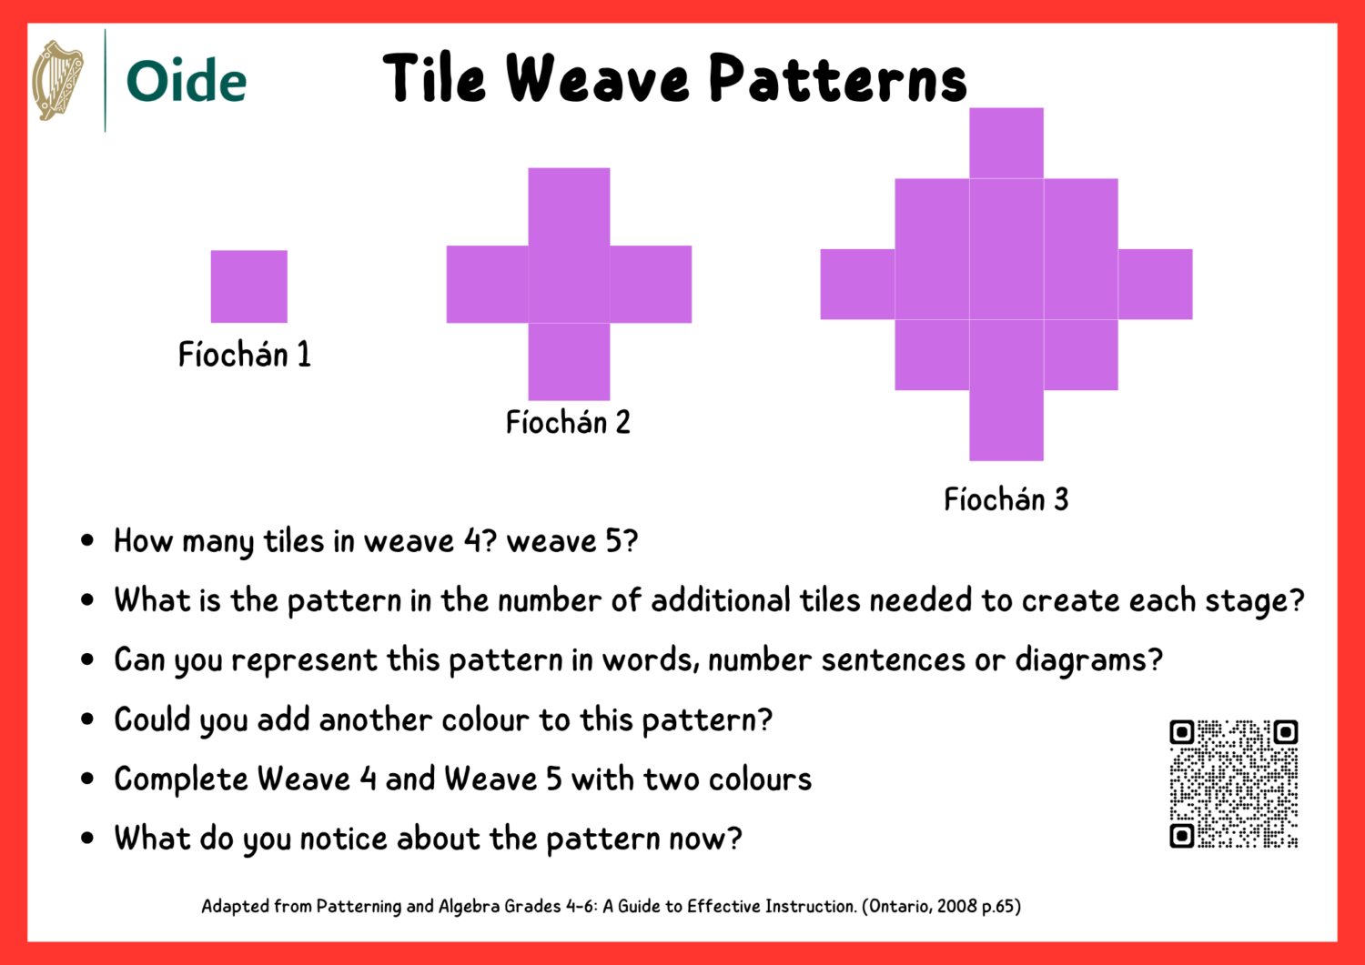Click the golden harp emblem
tap(57, 80)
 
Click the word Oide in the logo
tap(187, 81)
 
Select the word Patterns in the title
tap(837, 78)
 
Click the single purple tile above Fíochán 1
tap(249, 286)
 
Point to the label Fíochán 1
tap(244, 354)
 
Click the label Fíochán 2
tap(568, 422)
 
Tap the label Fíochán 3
tap(1006, 499)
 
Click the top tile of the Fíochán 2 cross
tap(569, 206)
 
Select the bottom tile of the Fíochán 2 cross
tap(569, 362)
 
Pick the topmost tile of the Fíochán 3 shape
tap(1006, 143)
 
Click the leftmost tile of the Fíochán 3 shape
tap(857, 284)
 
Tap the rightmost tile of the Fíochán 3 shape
tap(1156, 284)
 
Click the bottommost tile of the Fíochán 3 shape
tap(1006, 426)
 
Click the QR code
tap(1233, 784)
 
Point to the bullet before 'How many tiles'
tap(87, 541)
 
